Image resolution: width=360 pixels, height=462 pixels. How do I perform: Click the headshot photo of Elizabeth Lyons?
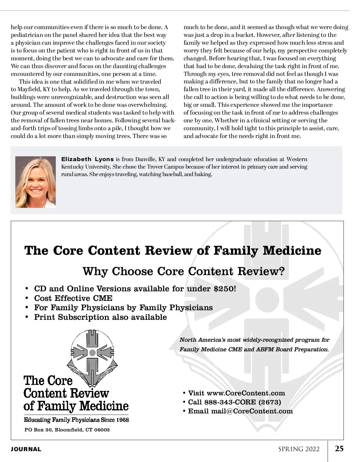pyautogui.click(x=35, y=182)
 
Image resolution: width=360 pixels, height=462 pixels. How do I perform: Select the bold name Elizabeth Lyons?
pyautogui.click(x=87, y=159)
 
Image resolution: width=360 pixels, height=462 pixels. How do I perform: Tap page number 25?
pyautogui.click(x=339, y=448)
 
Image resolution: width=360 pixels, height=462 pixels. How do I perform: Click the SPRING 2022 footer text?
pyautogui.click(x=299, y=449)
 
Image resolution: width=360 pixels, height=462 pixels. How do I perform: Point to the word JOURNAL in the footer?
pyautogui.click(x=26, y=449)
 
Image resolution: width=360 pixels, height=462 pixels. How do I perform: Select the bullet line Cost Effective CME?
pyautogui.click(x=73, y=298)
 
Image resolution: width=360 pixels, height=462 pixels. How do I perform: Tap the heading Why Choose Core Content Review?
pyautogui.click(x=184, y=271)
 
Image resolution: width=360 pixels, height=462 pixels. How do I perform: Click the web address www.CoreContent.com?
pyautogui.click(x=246, y=393)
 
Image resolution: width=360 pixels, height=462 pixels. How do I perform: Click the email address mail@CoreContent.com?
pyautogui.click(x=252, y=411)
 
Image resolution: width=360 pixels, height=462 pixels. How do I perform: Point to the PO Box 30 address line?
pyautogui.click(x=67, y=430)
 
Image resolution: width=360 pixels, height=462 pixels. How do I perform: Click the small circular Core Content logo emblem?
pyautogui.click(x=93, y=352)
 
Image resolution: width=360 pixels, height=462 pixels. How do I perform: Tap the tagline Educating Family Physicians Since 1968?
pyautogui.click(x=76, y=420)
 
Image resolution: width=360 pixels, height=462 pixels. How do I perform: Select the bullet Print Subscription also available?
pyautogui.click(x=100, y=317)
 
